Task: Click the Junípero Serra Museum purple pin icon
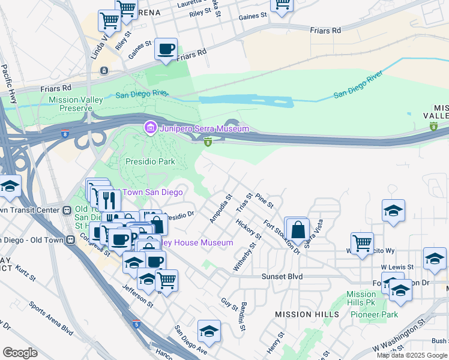(x=149, y=128)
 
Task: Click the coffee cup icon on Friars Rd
(x=166, y=49)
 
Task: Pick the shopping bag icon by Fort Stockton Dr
(x=298, y=230)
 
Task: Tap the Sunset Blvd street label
(x=282, y=277)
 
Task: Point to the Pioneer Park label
(x=375, y=314)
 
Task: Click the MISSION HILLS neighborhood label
(x=303, y=314)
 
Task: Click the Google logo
(x=20, y=352)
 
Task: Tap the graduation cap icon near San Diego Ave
(x=209, y=331)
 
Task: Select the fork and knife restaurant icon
(x=108, y=199)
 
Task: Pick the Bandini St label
(x=243, y=317)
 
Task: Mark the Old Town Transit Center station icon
(x=68, y=210)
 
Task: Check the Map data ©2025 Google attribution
(x=411, y=355)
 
